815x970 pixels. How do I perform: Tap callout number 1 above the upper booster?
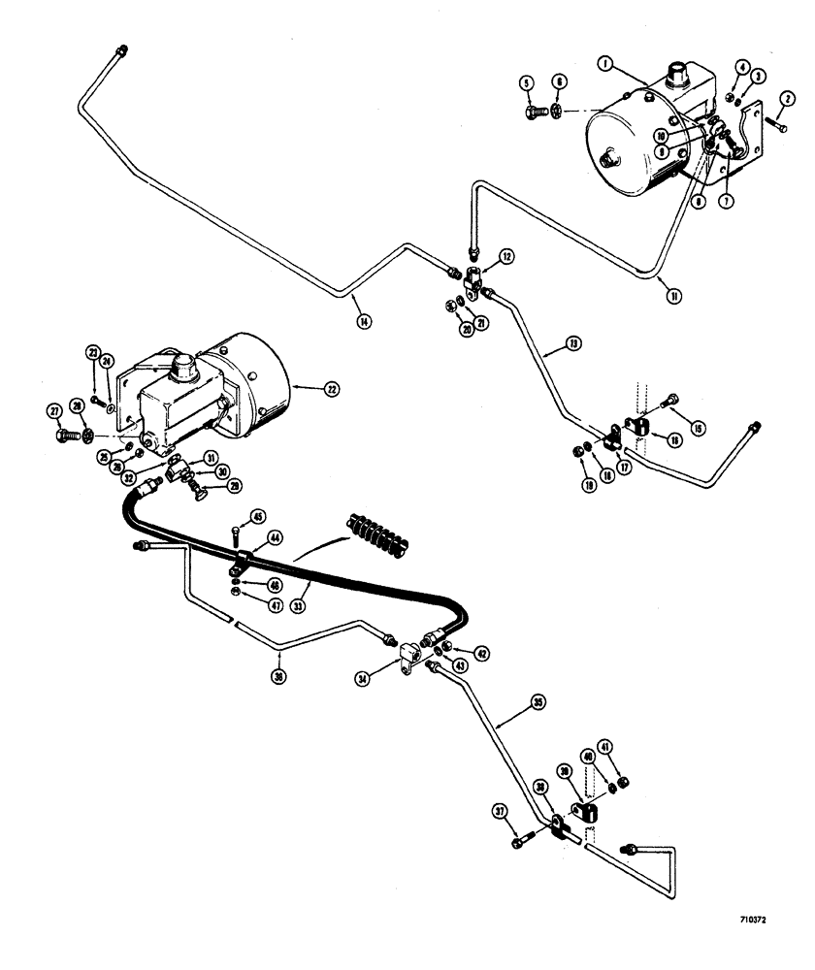coord(603,65)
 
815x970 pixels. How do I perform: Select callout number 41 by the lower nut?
coord(633,747)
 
